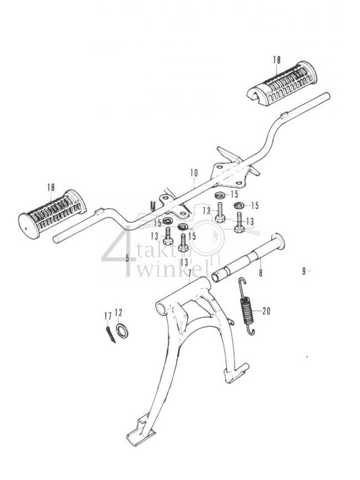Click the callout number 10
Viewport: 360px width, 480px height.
[x=193, y=173]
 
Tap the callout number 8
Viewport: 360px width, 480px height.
[x=260, y=273]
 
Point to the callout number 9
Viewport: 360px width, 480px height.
[x=304, y=271]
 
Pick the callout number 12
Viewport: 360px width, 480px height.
[x=118, y=311]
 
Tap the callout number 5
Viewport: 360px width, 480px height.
[x=127, y=258]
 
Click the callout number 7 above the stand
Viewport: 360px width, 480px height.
[x=189, y=272]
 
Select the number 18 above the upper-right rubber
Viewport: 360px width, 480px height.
[x=277, y=60]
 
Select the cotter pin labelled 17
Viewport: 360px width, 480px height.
[x=110, y=334]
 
